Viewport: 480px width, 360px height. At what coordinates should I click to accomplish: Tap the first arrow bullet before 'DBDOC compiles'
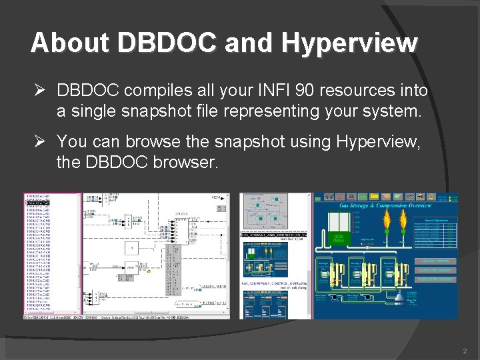pyautogui.click(x=39, y=90)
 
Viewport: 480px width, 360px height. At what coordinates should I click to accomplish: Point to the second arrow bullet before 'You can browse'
pyautogui.click(x=39, y=141)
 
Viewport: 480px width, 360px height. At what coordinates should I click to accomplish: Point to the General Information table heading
pyautogui.click(x=437, y=219)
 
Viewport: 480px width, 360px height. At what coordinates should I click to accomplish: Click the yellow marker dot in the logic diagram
pyautogui.click(x=149, y=271)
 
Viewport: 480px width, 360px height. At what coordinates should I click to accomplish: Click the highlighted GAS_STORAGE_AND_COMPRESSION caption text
pyautogui.click(x=274, y=235)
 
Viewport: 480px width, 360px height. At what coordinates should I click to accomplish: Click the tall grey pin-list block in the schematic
pyautogui.click(x=172, y=270)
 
